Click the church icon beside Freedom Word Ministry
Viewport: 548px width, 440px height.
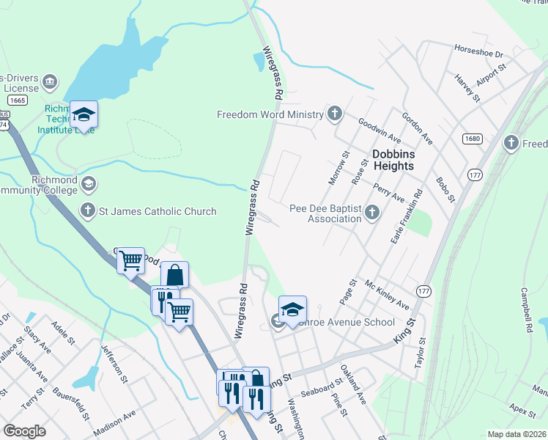(x=335, y=114)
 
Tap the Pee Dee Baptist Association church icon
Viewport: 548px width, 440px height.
(x=372, y=213)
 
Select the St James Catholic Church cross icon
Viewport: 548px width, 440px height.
(x=88, y=211)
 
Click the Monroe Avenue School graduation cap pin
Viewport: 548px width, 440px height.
(x=292, y=309)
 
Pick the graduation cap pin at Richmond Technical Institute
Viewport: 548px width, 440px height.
(x=84, y=114)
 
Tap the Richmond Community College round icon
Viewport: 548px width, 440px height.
(x=89, y=183)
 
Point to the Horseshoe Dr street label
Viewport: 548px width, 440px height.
(x=479, y=54)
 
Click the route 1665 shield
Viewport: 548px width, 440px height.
(x=18, y=100)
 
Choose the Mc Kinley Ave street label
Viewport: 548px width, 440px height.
(x=387, y=295)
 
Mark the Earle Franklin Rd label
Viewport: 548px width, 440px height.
(x=407, y=217)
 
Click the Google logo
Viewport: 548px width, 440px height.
(x=24, y=430)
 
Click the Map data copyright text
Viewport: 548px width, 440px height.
(x=516, y=434)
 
